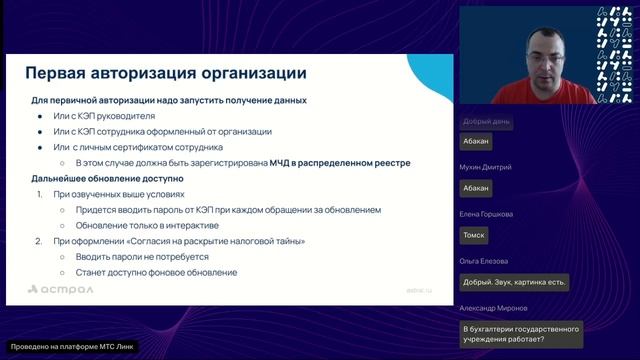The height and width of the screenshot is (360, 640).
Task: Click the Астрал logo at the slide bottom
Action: click(61, 290)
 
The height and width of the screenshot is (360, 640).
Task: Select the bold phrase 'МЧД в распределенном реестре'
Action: click(340, 163)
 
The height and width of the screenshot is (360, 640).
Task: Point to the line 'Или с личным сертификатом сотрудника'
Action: click(147, 148)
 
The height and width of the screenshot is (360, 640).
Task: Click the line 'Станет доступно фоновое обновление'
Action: click(155, 272)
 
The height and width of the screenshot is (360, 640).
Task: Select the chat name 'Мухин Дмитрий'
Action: click(487, 167)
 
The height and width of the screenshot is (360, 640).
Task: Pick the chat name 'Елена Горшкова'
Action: click(488, 214)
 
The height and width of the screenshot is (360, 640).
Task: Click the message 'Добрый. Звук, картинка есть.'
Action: click(515, 282)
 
